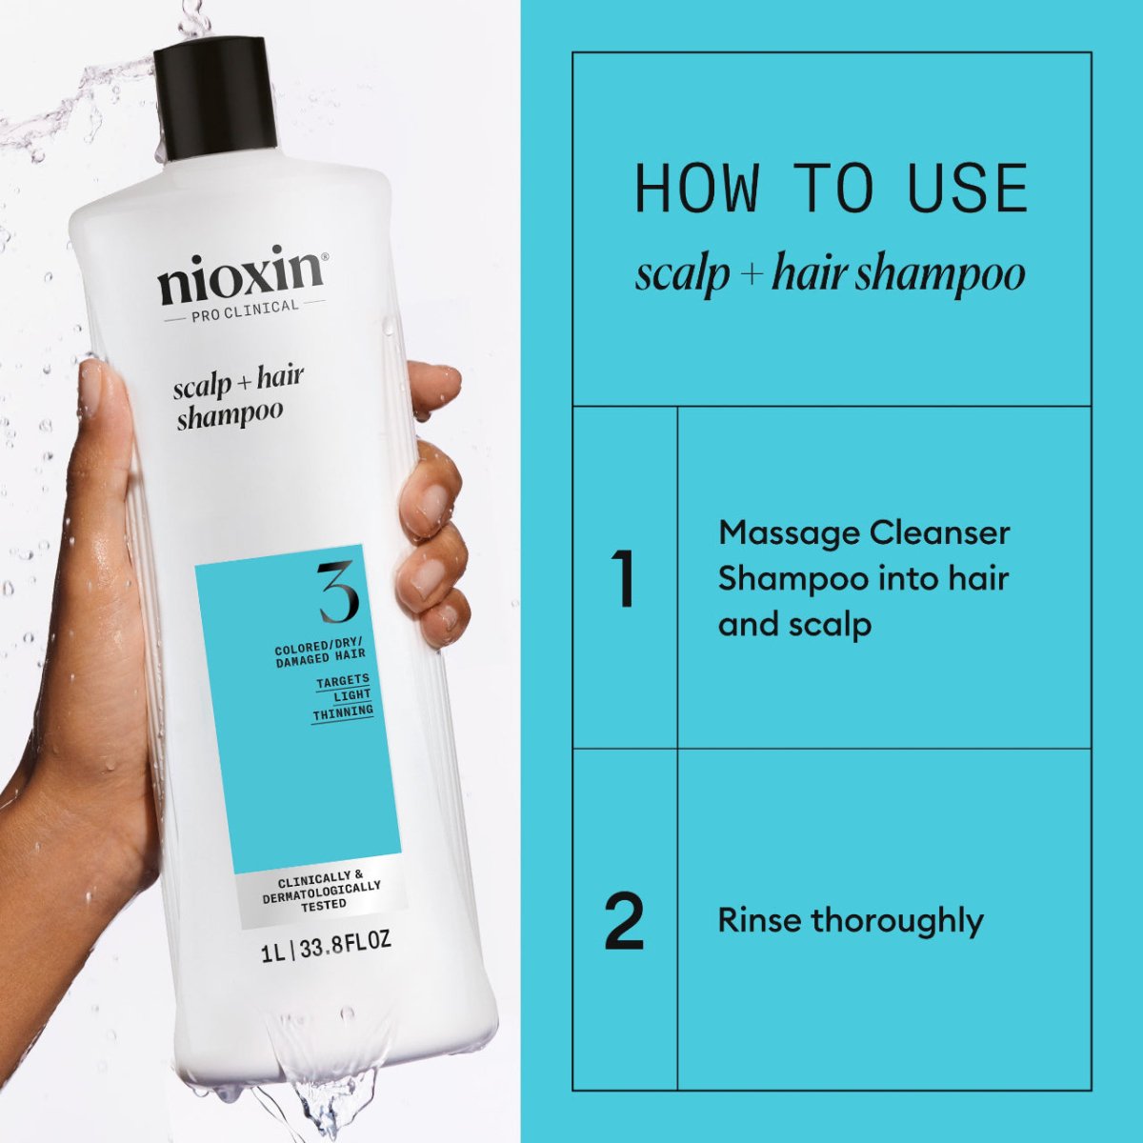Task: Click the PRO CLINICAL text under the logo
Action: (245, 307)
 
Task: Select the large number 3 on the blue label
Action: (338, 592)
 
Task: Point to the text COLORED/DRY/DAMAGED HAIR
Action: (320, 654)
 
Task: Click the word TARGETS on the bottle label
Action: (343, 680)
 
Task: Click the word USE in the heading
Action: (968, 189)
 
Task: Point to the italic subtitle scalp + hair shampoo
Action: (830, 274)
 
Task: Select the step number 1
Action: (624, 578)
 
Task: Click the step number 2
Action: (624, 921)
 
